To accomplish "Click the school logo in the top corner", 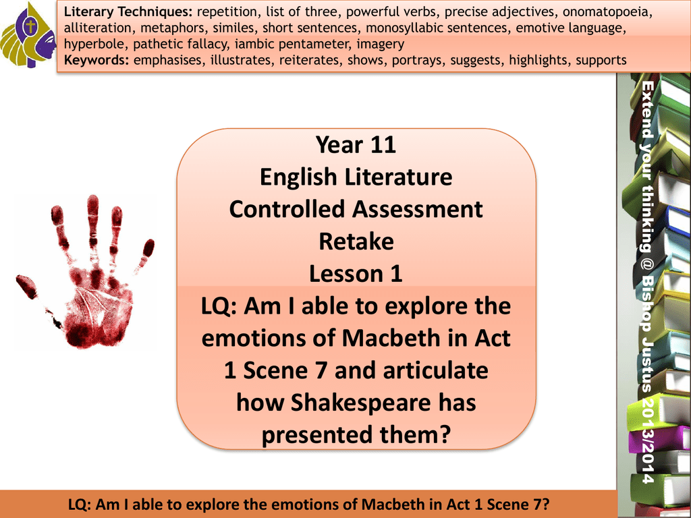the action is coord(28,35).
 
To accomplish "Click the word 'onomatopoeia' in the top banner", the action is coord(607,12).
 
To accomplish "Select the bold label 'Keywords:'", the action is coord(96,60).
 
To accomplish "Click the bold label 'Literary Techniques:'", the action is coord(128,12).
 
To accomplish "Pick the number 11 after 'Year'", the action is coord(383,145).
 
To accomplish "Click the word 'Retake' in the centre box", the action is coord(356,241).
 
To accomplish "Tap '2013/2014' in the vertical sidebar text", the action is coord(647,441).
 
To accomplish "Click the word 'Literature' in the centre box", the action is coord(398,177).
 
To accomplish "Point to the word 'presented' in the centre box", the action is coord(317,435).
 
